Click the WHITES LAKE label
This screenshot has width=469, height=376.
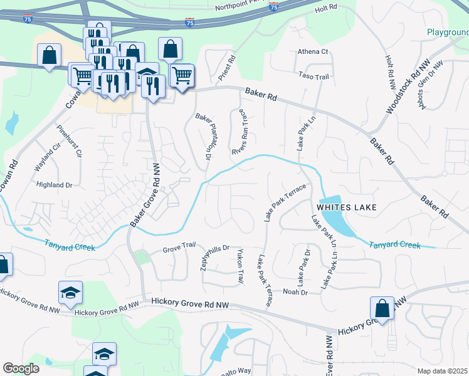tap(346, 207)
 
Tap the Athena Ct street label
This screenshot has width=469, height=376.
tap(313, 51)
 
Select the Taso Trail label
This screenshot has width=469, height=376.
tap(314, 76)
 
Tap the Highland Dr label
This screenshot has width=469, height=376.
tap(55, 185)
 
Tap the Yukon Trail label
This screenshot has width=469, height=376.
tap(240, 267)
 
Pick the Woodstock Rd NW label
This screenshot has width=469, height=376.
tap(400, 87)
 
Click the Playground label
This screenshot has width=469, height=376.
tap(448, 32)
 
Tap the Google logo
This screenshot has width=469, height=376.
tap(21, 368)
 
